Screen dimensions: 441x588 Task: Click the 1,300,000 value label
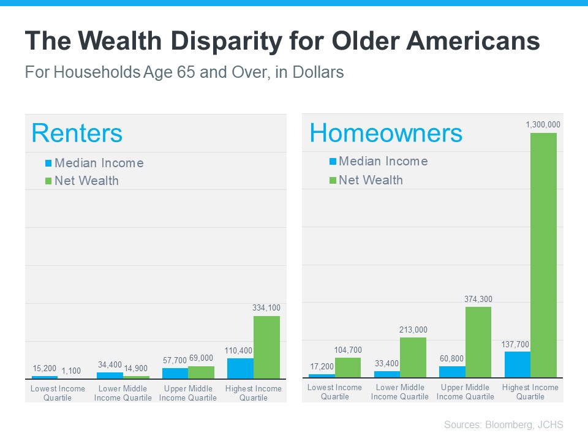pyautogui.click(x=543, y=125)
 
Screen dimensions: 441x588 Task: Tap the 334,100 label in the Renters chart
pyautogui.click(x=266, y=307)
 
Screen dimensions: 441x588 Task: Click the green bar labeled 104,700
pyautogui.click(x=348, y=367)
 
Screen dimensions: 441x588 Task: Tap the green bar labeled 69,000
pyautogui.click(x=201, y=372)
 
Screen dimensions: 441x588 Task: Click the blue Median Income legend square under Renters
pyautogui.click(x=48, y=164)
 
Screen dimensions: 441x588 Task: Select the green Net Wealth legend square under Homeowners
pyautogui.click(x=333, y=180)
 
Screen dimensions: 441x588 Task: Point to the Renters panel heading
pyautogui.click(x=77, y=133)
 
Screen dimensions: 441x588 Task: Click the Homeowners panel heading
pyautogui.click(x=386, y=133)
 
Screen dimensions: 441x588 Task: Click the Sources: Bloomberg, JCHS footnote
pyautogui.click(x=503, y=424)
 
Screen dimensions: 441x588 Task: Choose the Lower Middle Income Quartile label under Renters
pyautogui.click(x=123, y=393)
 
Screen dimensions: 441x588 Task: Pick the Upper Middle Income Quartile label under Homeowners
pyautogui.click(x=465, y=392)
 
